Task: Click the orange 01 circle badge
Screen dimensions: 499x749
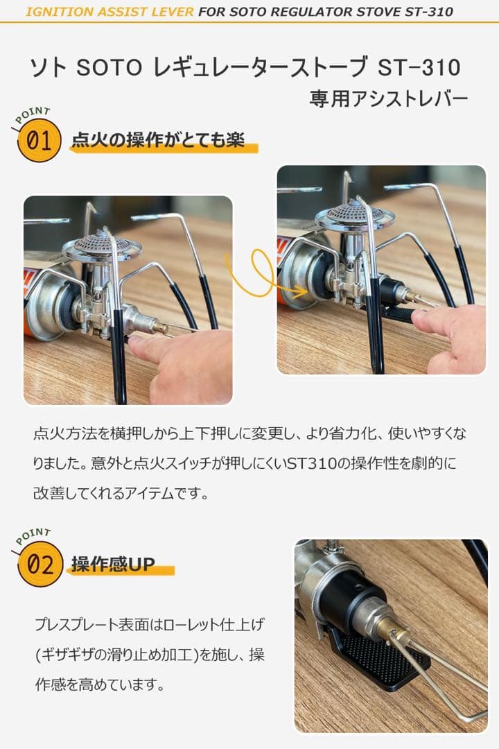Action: pyautogui.click(x=39, y=140)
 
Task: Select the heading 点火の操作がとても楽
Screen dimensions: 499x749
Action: pyautogui.click(x=158, y=140)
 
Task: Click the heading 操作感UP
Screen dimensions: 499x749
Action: pyautogui.click(x=113, y=564)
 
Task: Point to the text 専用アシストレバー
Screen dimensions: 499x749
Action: pyautogui.click(x=388, y=99)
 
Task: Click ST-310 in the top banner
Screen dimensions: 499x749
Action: pyautogui.click(x=429, y=12)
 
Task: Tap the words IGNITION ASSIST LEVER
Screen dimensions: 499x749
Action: pyautogui.click(x=110, y=12)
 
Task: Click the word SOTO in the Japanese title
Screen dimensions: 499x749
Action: pyautogui.click(x=109, y=67)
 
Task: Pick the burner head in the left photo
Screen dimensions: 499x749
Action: pyautogui.click(x=101, y=246)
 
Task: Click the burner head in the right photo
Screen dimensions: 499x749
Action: pyautogui.click(x=354, y=215)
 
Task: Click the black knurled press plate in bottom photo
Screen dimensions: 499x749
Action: pyautogui.click(x=382, y=660)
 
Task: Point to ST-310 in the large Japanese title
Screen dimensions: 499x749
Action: pyautogui.click(x=419, y=67)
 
